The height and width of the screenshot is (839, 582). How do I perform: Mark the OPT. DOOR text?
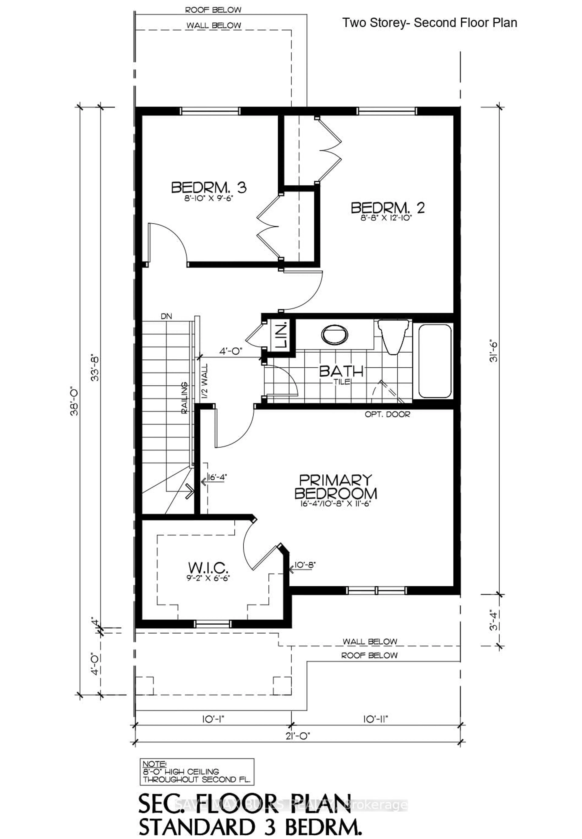(387, 414)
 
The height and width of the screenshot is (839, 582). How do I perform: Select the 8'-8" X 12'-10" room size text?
(388, 218)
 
